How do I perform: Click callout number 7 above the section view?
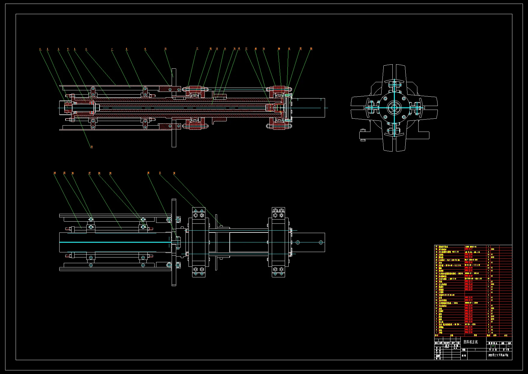pyautogui.click(x=112, y=49)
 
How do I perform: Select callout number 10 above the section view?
pyautogui.click(x=165, y=48)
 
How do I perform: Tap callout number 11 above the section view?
pyautogui.click(x=197, y=48)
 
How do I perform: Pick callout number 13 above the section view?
pyautogui.click(x=217, y=48)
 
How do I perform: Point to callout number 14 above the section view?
pyautogui.click(x=225, y=48)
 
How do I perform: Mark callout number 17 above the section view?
pyautogui.click(x=246, y=48)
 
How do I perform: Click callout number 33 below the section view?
pyautogui.click(x=92, y=147)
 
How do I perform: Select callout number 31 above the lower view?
pyautogui.click(x=160, y=173)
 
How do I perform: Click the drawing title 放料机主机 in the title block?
pyautogui.click(x=470, y=342)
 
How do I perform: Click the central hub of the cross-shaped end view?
pyautogui.click(x=394, y=108)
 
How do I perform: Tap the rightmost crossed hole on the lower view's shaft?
pyautogui.click(x=321, y=242)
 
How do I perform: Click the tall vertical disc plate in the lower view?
pyautogui.click(x=174, y=242)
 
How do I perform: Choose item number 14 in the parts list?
pyautogui.click(x=436, y=298)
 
